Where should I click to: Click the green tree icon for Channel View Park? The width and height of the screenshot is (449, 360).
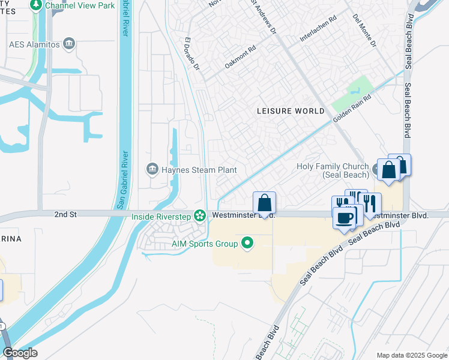[36, 5]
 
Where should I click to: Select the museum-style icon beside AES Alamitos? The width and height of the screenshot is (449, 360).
[69, 44]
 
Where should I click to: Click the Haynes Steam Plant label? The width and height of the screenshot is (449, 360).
[198, 170]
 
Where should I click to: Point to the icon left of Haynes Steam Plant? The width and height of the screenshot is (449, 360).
[152, 170]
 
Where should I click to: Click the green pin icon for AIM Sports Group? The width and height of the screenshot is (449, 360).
[247, 243]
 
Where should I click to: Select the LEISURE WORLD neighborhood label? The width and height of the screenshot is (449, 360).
[291, 111]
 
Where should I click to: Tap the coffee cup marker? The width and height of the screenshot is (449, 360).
[345, 218]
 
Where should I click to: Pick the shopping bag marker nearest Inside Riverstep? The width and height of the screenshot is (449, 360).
[264, 204]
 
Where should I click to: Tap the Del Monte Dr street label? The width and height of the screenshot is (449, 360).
[364, 31]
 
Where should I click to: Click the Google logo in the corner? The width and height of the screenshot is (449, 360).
[20, 353]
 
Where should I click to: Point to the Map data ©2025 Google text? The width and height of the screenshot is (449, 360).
[411, 355]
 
